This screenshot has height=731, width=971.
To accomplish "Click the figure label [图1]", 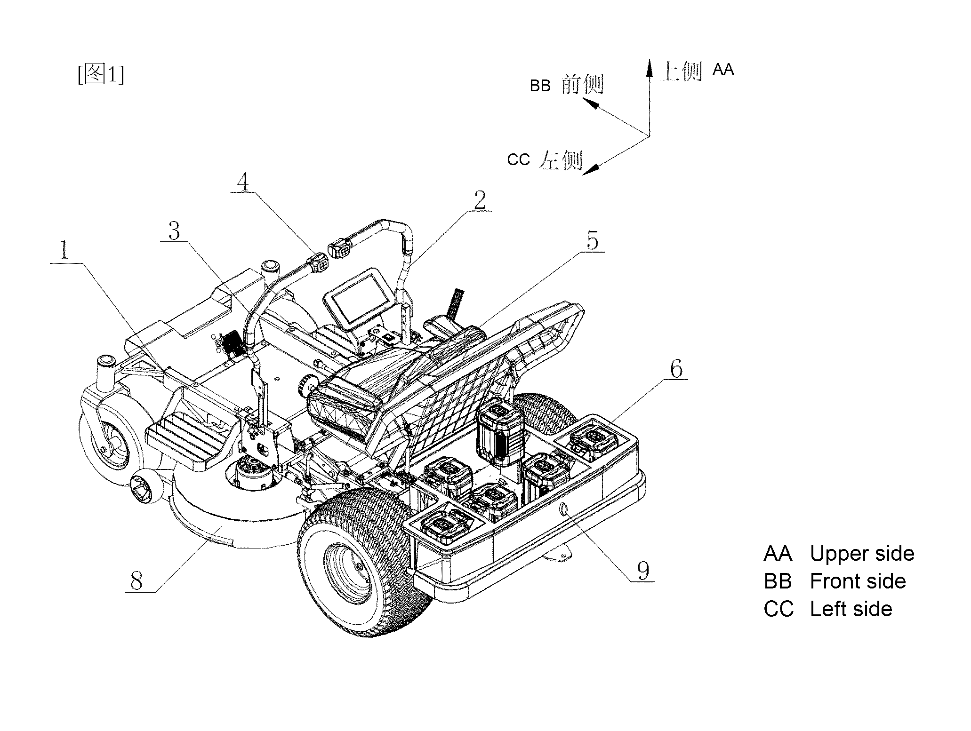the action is pyautogui.click(x=101, y=74).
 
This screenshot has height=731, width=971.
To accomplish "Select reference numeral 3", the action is pyautogui.click(x=175, y=230).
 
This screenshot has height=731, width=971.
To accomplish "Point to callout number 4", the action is pyautogui.click(x=244, y=181).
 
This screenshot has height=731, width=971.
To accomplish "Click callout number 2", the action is pyautogui.click(x=480, y=200).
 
